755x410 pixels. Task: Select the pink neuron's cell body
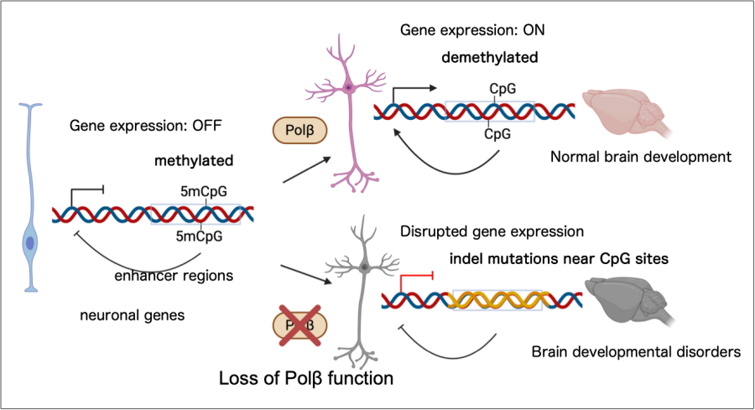click(347, 86)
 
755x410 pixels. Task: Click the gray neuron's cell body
click(365, 267)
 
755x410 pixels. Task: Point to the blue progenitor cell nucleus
click(31, 243)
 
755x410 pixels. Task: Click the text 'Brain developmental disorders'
click(637, 352)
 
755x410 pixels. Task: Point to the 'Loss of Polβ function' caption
click(305, 378)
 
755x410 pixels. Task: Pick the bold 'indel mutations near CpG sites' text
click(556, 259)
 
